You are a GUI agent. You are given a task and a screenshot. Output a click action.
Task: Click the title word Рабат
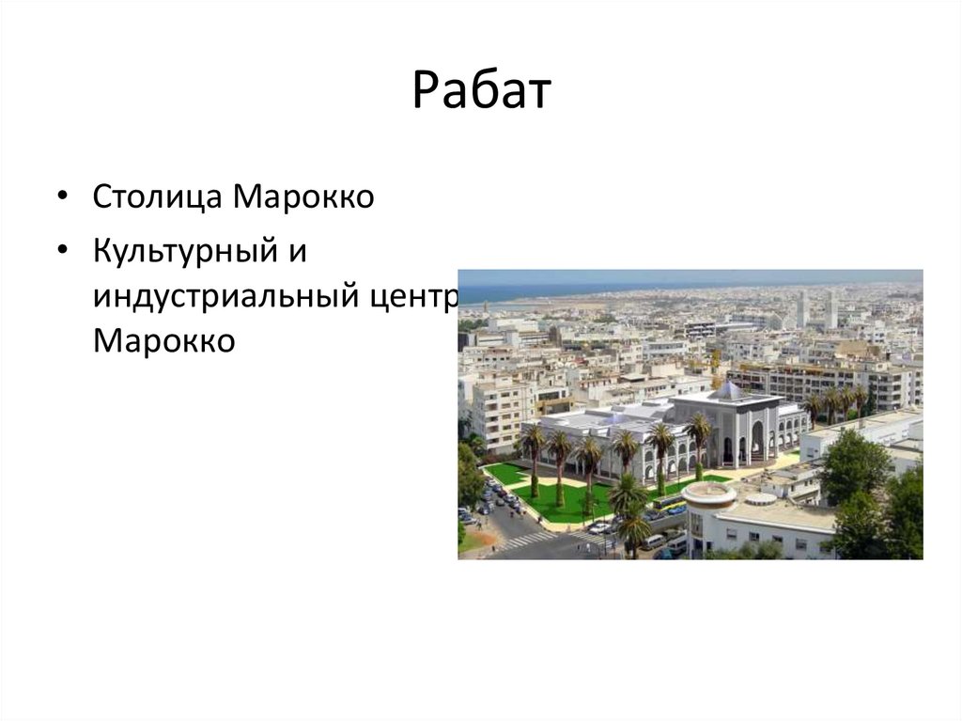coord(481,91)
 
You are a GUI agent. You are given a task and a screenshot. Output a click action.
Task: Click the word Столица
coord(157,197)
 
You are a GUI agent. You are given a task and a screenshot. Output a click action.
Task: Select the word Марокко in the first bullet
coord(303,197)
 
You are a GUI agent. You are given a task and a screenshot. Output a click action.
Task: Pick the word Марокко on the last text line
coord(163,340)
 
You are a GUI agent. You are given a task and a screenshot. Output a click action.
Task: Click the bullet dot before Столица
coord(62,196)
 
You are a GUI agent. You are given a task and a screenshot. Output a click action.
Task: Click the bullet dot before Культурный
coord(62,250)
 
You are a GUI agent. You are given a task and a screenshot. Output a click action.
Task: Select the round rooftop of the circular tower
coord(708,492)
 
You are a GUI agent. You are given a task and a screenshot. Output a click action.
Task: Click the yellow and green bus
coord(669,504)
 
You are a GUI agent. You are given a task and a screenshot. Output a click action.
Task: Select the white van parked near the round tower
coord(654,541)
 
